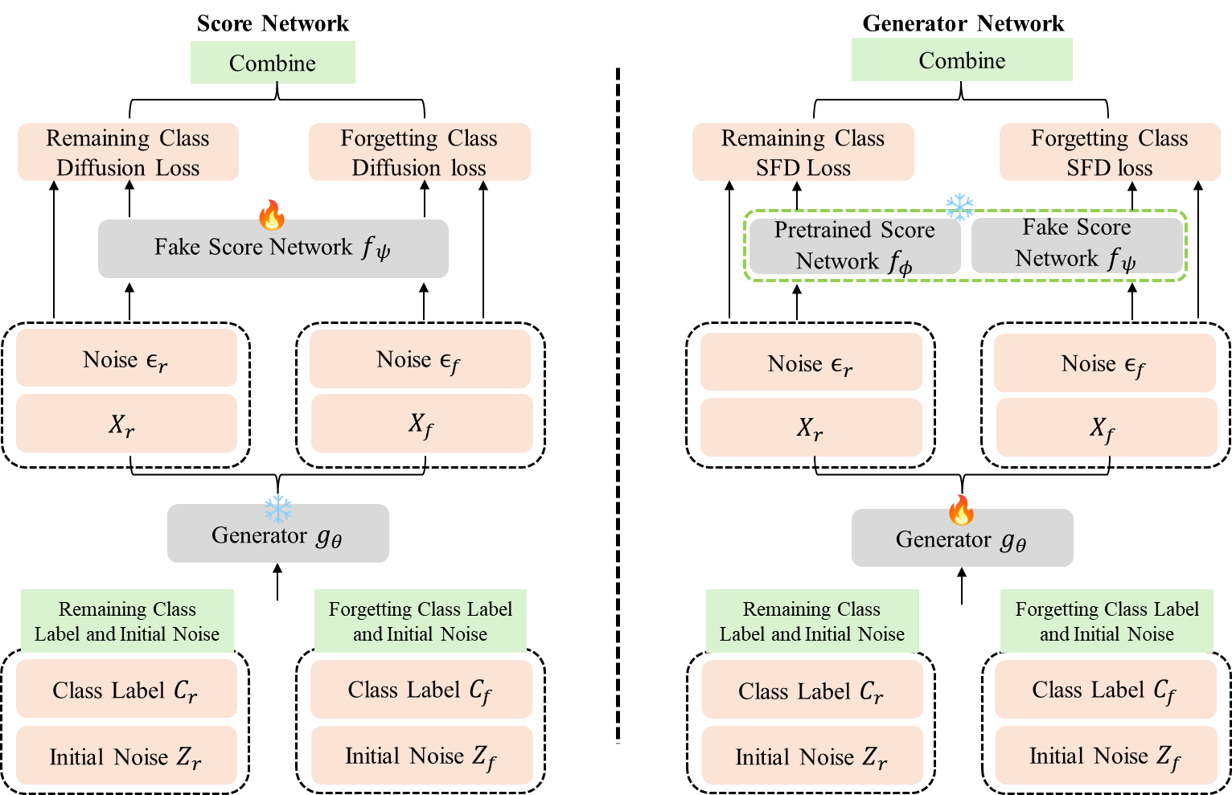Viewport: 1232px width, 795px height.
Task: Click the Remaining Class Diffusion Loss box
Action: coord(128,152)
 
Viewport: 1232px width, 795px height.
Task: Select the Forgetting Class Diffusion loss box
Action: coord(419,152)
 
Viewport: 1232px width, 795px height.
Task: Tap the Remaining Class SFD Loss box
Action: coord(803,152)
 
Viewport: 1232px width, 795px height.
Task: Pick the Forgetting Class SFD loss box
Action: coord(1109,152)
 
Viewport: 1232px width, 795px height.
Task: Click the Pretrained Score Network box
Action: coord(854,245)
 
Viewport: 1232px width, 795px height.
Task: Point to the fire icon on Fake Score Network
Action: coord(272,215)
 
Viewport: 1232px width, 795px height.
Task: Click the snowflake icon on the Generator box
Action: coord(278,509)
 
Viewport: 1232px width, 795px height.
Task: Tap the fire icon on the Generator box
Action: coord(961,510)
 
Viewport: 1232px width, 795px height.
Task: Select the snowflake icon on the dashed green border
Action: coord(959,207)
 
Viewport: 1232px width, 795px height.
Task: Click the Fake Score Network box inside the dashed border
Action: coord(1076,244)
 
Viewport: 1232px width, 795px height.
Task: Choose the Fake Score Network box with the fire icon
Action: coord(273,248)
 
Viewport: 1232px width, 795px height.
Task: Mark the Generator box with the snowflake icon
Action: coord(277,535)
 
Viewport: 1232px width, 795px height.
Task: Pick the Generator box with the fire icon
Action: coord(962,539)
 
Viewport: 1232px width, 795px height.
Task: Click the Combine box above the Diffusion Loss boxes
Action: coord(273,63)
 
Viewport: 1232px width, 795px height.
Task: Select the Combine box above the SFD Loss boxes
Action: coord(962,60)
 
